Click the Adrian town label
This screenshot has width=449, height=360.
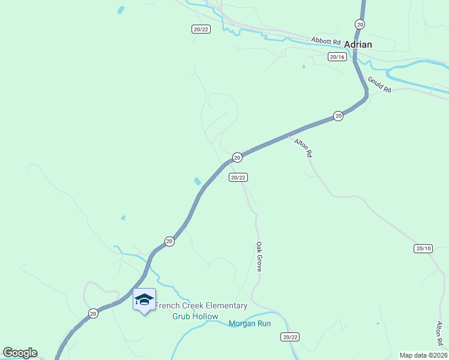(358, 44)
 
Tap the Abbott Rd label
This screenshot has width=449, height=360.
(325, 41)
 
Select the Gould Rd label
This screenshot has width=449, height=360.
(379, 85)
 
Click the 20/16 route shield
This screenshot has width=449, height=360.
(337, 57)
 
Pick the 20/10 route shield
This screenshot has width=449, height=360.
(423, 248)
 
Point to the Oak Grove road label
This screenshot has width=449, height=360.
(259, 257)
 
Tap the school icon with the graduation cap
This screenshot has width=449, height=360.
(144, 299)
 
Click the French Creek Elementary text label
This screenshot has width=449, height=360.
(201, 306)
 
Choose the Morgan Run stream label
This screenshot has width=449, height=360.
(250, 324)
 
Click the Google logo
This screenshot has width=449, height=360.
(20, 353)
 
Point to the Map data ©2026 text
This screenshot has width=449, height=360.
(423, 355)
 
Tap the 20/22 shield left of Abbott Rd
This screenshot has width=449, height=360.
(201, 29)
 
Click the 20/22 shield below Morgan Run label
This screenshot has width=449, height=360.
(290, 337)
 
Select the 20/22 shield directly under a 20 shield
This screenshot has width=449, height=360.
(238, 177)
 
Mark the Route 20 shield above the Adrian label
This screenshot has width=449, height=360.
(360, 24)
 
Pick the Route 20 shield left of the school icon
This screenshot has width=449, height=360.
(93, 313)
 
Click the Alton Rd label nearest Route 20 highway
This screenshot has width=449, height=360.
(303, 148)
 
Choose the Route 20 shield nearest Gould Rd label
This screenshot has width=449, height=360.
(339, 116)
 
